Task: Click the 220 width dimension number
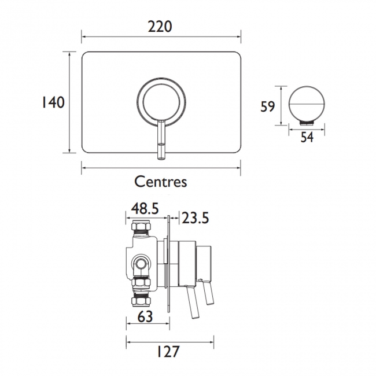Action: point(161,26)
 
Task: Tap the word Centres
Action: point(161,181)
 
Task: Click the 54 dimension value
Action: point(307,137)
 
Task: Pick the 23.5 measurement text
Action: point(195,218)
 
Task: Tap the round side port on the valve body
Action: point(140,264)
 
